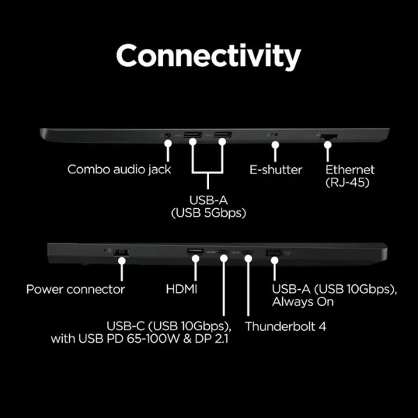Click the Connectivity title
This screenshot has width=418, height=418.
208,56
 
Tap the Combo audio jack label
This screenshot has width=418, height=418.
119,169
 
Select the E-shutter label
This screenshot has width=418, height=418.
276,170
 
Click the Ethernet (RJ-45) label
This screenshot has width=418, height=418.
350,176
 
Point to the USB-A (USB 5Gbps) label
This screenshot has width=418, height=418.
208,207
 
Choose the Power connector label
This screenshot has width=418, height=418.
75,289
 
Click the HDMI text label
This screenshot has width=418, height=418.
182,289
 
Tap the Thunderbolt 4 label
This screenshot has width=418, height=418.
286,327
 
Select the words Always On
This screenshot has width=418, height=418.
303,302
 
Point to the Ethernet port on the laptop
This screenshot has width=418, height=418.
329,137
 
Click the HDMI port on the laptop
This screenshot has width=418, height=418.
195,251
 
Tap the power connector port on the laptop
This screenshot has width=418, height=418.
121,252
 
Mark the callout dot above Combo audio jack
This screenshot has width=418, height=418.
168,144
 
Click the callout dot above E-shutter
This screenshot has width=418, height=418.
275,145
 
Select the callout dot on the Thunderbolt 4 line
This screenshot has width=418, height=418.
248,258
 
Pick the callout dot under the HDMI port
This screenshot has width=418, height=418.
196,258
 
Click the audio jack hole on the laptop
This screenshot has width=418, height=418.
167,135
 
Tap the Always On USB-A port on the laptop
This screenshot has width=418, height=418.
273,252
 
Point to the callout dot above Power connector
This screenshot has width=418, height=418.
122,261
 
